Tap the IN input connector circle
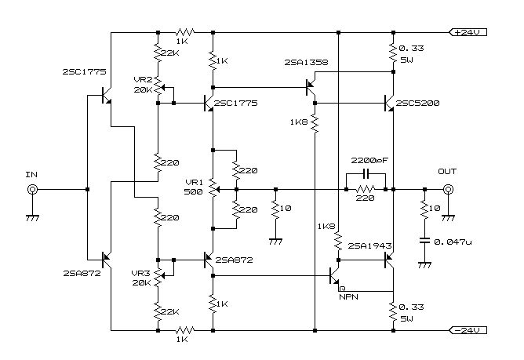coord(32,189)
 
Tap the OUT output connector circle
coord(448,189)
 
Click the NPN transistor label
coord(348,296)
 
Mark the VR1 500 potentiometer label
coord(192,187)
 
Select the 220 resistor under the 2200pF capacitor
coord(366,189)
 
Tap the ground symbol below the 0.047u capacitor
coord(424,265)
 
